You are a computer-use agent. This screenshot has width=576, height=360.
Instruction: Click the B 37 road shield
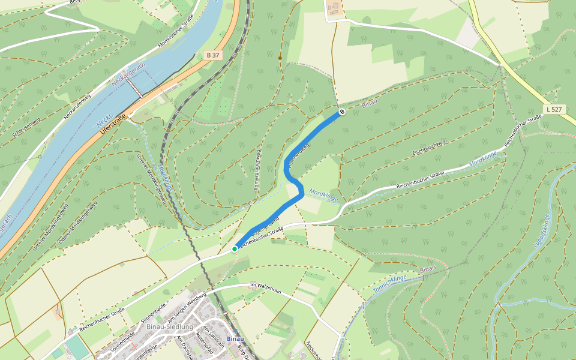212,55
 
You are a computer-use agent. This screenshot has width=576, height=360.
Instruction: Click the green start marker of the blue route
235,248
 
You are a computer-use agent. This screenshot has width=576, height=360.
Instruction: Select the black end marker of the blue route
341,112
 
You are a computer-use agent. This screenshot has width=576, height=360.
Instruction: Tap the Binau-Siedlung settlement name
169,326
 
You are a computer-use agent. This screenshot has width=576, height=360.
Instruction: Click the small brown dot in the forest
280,58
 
